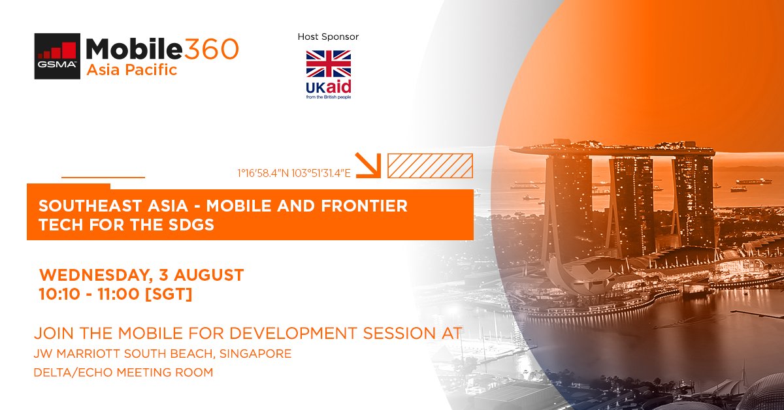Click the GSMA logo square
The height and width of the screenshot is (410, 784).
(x=57, y=56)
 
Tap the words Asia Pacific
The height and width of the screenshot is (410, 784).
(x=132, y=70)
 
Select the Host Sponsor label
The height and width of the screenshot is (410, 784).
(x=328, y=37)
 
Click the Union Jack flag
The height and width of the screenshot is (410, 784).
(x=329, y=63)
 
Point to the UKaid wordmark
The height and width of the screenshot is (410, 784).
(x=328, y=87)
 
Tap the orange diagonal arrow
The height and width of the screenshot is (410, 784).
(x=368, y=165)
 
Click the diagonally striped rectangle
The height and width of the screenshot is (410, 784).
(x=429, y=166)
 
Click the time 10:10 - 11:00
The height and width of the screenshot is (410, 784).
(x=90, y=294)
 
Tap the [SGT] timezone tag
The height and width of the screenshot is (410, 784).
(x=168, y=294)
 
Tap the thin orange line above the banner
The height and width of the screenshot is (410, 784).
(x=103, y=177)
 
